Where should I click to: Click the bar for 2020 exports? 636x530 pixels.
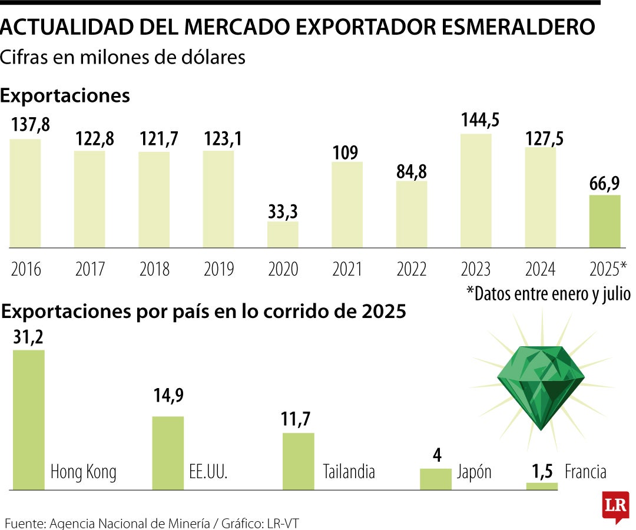coord(283,234)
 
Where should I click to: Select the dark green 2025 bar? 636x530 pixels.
coord(605,221)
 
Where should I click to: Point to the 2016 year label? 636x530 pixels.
coord(26,269)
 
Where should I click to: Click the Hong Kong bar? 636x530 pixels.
coord(29,419)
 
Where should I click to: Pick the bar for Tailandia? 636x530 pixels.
coord(299,461)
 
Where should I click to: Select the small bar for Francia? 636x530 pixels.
coord(542,486)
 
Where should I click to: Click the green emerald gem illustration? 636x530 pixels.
coord(540,385)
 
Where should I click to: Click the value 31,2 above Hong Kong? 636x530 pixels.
coord(28,337)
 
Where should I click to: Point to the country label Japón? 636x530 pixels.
coord(474,472)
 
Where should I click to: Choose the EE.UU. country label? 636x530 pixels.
coord(208,472)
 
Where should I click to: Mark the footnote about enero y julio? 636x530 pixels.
coord(548,293)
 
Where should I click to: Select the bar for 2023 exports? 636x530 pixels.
coord(476,190)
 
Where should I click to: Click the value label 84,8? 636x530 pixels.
coord(412,171)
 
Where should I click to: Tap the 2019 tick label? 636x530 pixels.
coord(218,269)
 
